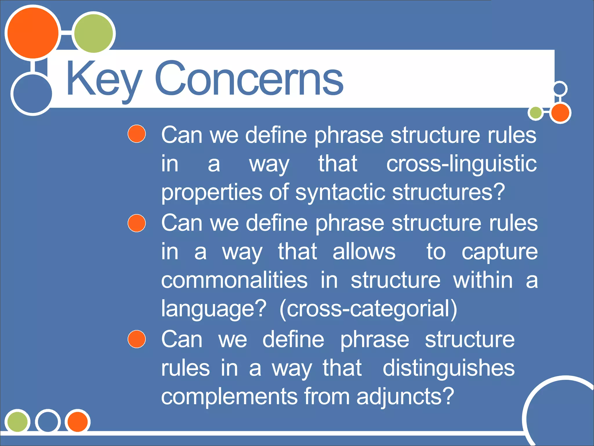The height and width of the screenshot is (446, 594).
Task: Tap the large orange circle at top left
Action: [x=33, y=33]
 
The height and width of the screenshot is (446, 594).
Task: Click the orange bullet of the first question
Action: [x=137, y=134]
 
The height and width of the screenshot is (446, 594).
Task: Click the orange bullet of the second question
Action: [x=137, y=223]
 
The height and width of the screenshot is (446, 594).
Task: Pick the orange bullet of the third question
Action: [x=137, y=339]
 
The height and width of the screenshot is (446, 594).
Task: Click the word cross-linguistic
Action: [x=461, y=164]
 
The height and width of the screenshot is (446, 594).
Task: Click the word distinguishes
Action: [x=448, y=368]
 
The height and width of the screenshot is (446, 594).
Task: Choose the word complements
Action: [x=229, y=397]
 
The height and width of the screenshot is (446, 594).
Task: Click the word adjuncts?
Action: [x=405, y=397]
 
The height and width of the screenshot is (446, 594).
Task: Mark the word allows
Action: [x=364, y=252]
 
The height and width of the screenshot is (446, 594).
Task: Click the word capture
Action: [x=499, y=252]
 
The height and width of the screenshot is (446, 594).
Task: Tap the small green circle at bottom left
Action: [x=17, y=421]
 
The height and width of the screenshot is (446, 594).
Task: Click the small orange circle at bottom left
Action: [x=77, y=422]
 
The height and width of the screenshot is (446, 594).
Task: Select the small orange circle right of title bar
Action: [x=560, y=113]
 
